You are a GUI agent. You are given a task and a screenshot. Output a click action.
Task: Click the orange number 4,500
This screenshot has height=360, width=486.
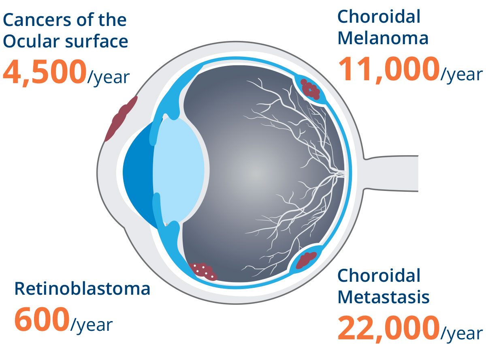coord(45,72)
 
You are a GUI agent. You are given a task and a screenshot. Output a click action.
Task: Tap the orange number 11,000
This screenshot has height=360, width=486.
coord(389,69)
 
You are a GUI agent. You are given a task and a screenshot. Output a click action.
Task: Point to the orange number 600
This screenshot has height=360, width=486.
coord(42,319)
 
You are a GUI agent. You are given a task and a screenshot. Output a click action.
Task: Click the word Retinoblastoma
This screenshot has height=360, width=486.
coord(82,289)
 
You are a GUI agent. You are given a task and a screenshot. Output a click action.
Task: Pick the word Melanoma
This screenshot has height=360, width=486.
coord(383,39)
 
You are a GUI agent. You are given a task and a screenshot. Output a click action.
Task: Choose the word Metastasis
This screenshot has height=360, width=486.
coord(384,297)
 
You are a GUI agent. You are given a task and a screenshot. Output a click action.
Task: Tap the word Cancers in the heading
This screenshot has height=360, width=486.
coord(34,20)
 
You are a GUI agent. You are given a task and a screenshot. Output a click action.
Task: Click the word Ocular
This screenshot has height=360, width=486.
coord(31,41)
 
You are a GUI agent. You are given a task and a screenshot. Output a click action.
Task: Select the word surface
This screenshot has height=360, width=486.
coord(97,41)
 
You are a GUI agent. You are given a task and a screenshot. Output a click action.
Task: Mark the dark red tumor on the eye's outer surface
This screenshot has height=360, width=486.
coord(121,119)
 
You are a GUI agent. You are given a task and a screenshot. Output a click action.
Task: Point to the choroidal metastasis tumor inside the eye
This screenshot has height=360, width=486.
coord(306,260)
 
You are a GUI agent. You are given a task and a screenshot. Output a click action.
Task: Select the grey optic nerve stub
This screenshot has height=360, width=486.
coord(391,173)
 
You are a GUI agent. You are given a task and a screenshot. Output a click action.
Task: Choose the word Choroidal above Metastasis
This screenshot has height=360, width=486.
coord(379,276)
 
